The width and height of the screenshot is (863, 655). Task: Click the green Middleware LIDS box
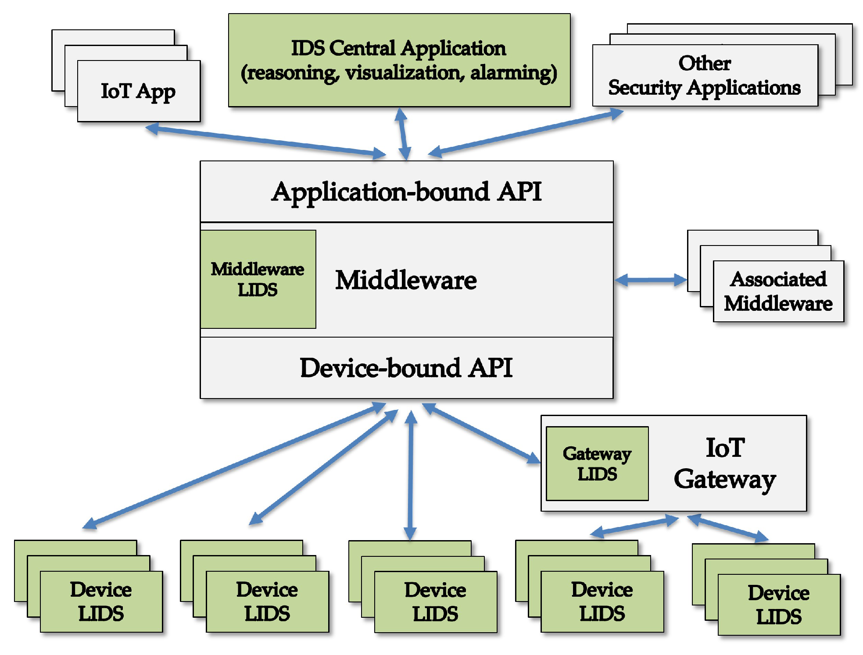258,279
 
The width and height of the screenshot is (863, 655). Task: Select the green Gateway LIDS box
597,463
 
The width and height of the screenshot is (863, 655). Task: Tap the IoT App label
138,91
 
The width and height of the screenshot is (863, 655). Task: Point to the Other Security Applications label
704,75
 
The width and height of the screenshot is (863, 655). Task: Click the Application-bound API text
406,192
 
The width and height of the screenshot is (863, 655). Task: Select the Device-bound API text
406,367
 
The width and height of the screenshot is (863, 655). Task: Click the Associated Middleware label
778,291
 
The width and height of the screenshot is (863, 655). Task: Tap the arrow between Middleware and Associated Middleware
651,280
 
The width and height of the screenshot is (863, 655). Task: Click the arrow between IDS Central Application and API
403,134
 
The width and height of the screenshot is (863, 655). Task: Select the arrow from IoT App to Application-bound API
265,141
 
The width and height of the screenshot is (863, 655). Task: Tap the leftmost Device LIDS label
101,601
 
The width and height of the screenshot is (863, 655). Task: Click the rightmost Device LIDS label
778,605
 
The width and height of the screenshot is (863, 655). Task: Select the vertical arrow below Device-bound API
410,476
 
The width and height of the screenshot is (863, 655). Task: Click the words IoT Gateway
725,463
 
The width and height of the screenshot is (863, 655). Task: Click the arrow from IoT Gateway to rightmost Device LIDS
728,527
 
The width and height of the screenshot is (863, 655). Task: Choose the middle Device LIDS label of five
435,602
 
